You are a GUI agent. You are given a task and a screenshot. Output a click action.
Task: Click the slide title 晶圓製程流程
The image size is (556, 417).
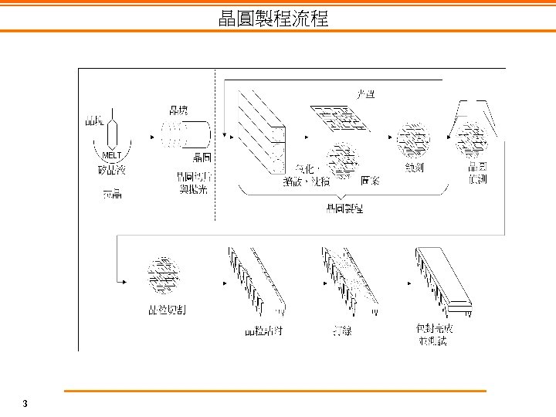point(273,19)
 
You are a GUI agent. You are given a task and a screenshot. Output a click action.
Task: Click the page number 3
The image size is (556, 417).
point(25,404)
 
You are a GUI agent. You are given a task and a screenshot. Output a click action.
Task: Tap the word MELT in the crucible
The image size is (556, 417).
point(110,155)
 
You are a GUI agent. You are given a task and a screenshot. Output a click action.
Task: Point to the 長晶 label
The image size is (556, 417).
point(112,193)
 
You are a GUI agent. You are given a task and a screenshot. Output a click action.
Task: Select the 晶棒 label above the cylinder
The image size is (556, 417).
point(178,110)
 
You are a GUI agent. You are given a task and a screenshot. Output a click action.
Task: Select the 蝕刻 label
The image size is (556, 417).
point(414,167)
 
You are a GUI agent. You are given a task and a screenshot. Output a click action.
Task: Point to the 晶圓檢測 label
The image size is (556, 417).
point(477,172)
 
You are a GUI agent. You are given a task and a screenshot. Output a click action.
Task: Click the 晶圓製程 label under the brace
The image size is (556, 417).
point(345,208)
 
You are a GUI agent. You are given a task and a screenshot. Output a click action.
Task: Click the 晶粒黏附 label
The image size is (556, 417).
point(259,331)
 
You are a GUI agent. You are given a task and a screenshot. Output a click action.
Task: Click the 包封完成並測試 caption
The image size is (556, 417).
point(433,334)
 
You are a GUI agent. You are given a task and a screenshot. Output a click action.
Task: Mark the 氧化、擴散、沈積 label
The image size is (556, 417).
point(307,175)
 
